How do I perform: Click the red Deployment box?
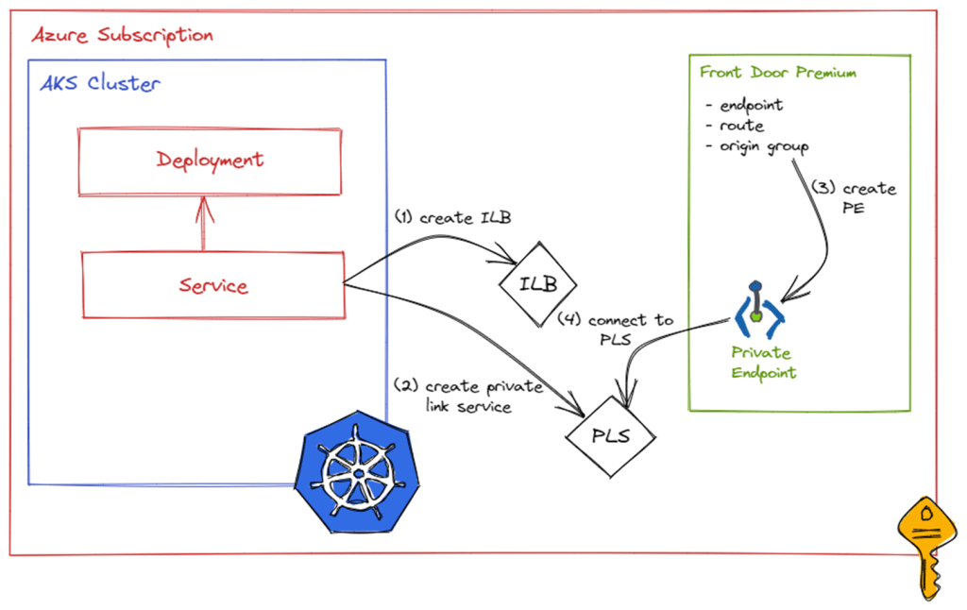click(x=210, y=160)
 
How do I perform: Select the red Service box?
click(x=212, y=285)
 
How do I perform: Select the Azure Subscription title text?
click(x=122, y=36)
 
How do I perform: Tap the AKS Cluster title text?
click(x=100, y=83)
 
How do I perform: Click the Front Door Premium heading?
click(x=777, y=73)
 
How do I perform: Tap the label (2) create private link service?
click(x=468, y=397)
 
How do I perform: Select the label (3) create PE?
click(x=854, y=197)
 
